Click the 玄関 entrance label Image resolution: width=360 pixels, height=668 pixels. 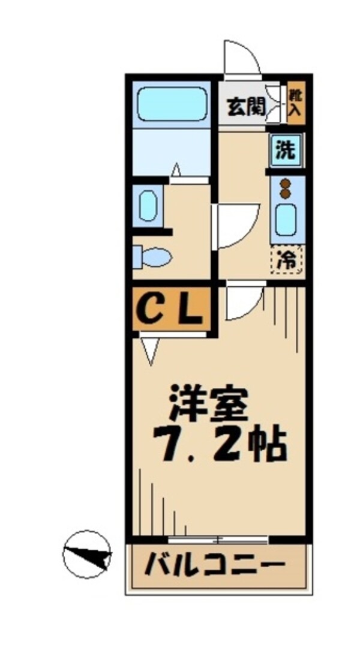pyautogui.click(x=245, y=107)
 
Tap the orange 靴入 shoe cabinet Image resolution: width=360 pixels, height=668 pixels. pyautogui.click(x=295, y=102)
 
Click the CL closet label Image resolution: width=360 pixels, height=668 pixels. pyautogui.click(x=169, y=308)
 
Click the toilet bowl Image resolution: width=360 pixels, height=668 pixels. pyautogui.click(x=153, y=257)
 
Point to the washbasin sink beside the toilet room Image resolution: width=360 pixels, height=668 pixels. pyautogui.click(x=147, y=205)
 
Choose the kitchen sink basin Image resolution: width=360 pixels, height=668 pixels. pyautogui.click(x=287, y=220)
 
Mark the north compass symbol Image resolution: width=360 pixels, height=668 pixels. pyautogui.click(x=88, y=554)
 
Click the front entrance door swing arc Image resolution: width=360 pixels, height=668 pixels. pyautogui.click(x=240, y=58)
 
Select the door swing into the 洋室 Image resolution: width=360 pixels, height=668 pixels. pyautogui.click(x=243, y=302)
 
